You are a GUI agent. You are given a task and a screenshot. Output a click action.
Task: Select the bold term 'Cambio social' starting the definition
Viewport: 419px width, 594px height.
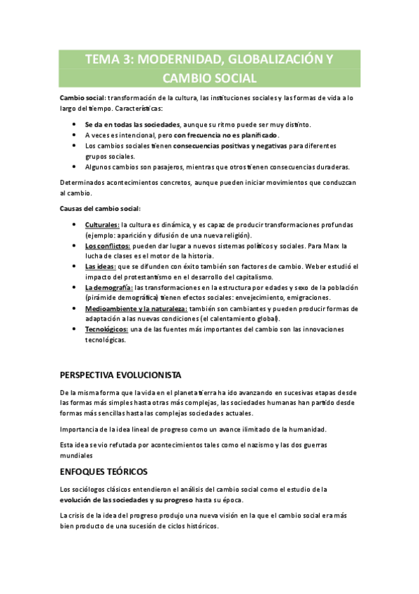tap(82, 98)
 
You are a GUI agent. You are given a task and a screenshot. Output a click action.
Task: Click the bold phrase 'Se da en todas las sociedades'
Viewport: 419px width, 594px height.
tap(127, 124)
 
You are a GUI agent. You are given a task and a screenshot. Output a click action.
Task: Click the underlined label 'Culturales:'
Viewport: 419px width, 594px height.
tap(102, 224)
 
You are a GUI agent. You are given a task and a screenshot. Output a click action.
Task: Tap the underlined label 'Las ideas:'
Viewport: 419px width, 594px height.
tap(101, 267)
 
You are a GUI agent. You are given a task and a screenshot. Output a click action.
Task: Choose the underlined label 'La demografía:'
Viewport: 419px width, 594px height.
tap(108, 287)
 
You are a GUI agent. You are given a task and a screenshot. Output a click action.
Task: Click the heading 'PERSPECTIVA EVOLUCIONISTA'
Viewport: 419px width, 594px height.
tap(121, 375)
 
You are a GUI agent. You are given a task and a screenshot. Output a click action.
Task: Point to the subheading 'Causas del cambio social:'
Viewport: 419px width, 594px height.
tap(99, 208)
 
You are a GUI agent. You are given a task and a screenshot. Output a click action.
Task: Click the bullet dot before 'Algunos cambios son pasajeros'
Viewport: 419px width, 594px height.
tap(75, 167)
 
